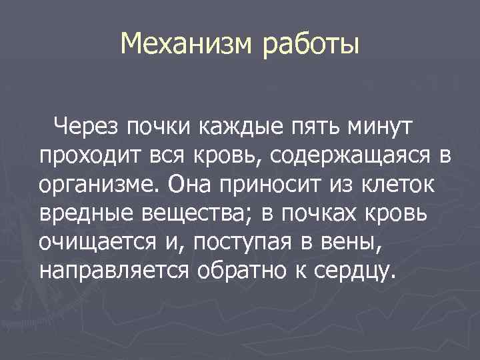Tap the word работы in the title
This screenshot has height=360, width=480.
311,45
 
